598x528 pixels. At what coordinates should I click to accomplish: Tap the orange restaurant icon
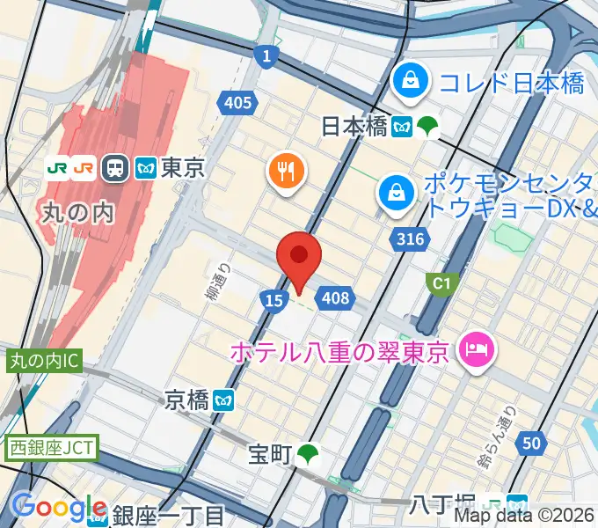[x=287, y=171]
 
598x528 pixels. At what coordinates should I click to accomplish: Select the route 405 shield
[x=237, y=104]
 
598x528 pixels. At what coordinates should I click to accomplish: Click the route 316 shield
[x=410, y=239]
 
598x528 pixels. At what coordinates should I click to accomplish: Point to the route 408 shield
[x=336, y=299]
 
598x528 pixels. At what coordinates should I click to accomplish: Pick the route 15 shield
[x=273, y=301]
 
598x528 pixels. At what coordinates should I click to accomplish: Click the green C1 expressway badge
[x=438, y=282]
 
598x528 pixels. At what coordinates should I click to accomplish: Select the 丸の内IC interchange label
[x=45, y=361]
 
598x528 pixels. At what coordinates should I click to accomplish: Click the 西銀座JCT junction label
[x=51, y=447]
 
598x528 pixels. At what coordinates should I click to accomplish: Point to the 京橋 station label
[x=187, y=400]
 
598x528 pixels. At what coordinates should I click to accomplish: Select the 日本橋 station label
[x=354, y=127]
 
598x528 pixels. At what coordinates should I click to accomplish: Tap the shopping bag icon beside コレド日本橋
[x=411, y=83]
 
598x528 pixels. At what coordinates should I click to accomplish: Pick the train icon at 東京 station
[x=114, y=167]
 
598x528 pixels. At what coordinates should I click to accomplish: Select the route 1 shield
[x=266, y=56]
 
